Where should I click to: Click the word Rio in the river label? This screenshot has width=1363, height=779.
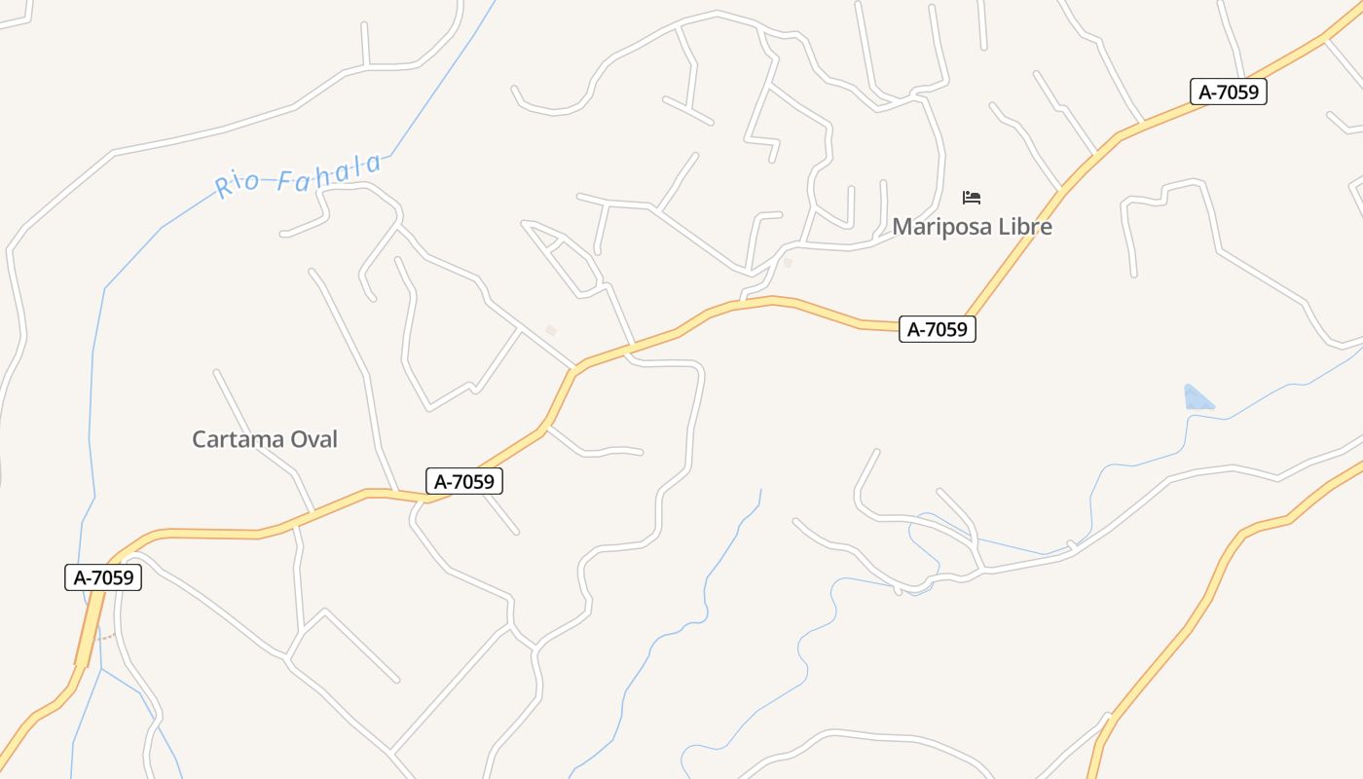[238, 182]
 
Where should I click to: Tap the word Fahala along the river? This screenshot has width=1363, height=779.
[328, 172]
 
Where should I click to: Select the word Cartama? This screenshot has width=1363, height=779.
[239, 439]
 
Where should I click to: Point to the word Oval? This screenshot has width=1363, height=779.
[314, 439]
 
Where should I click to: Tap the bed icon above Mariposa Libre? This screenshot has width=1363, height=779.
[971, 198]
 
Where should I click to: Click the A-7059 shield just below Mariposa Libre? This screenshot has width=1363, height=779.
[937, 329]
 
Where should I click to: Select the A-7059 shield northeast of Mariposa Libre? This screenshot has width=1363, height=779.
[1228, 93]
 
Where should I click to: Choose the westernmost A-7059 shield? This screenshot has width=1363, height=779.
[104, 577]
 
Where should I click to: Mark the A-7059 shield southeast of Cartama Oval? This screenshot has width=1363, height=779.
[465, 481]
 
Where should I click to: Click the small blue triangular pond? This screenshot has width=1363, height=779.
[1197, 397]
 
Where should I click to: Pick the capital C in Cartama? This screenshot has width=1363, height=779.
[200, 439]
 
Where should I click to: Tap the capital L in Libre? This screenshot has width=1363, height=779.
[1003, 227]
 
